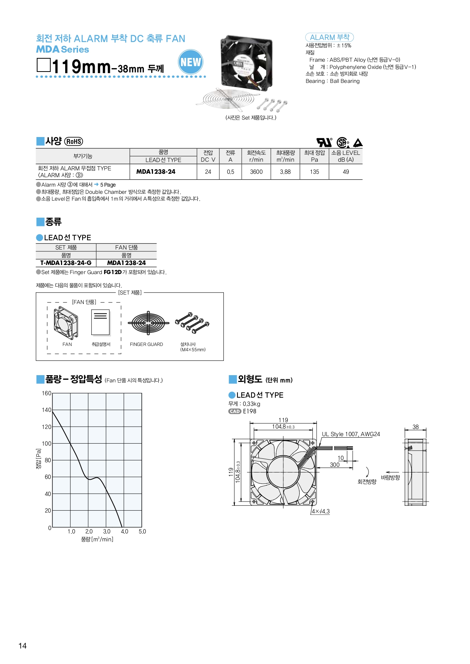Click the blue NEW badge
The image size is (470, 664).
pyautogui.click(x=190, y=62)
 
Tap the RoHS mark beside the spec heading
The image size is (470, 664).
pyautogui.click(x=73, y=141)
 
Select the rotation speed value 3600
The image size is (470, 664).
pyautogui.click(x=256, y=172)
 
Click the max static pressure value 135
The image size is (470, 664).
pyautogui.click(x=314, y=172)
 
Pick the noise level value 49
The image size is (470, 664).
pyautogui.click(x=346, y=172)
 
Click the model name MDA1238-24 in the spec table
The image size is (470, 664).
pyautogui.click(x=156, y=172)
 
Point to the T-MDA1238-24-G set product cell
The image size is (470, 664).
pyautogui.click(x=66, y=263)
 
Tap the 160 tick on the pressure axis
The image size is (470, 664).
pyautogui.click(x=46, y=393)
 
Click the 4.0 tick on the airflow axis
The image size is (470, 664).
pyautogui.click(x=125, y=532)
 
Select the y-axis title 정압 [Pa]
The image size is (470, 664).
pyautogui.click(x=38, y=459)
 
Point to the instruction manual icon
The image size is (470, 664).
pyautogui.click(x=100, y=323)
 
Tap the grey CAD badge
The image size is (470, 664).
pyautogui.click(x=235, y=411)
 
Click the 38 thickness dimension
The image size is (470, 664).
pyautogui.click(x=415, y=427)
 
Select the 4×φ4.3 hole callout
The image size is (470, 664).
pyautogui.click(x=320, y=511)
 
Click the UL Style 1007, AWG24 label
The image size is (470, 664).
pyautogui.click(x=351, y=434)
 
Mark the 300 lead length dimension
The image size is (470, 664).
pyautogui.click(x=334, y=465)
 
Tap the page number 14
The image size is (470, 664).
pyautogui.click(x=23, y=646)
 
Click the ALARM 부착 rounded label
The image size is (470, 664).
pyautogui.click(x=329, y=37)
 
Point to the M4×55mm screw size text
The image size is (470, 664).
pyautogui.click(x=193, y=350)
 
